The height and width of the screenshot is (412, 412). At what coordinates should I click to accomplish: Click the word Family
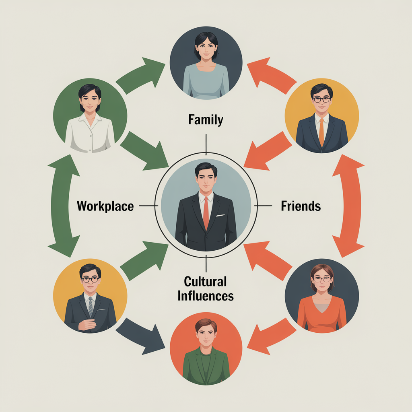206,120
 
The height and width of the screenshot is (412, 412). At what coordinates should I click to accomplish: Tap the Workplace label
105,206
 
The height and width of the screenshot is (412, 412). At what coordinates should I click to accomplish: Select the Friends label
301,206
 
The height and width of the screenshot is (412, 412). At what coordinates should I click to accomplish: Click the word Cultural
205,281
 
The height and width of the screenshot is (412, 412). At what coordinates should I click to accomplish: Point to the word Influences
206,296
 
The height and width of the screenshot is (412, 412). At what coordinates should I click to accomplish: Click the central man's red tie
206,213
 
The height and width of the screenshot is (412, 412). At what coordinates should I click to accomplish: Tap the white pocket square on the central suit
220,216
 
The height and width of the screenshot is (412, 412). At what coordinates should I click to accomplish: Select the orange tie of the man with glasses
321,133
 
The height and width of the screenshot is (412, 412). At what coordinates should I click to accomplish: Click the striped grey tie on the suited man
91,306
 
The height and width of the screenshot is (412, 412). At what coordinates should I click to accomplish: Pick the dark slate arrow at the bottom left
140,335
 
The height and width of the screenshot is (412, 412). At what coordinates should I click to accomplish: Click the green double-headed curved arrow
63,206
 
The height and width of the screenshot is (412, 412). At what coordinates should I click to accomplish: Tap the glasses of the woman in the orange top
322,279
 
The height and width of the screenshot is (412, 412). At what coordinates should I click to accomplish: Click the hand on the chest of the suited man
87,325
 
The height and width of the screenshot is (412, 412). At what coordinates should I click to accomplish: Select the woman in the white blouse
90,118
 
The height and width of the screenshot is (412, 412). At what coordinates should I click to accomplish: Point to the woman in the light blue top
206,66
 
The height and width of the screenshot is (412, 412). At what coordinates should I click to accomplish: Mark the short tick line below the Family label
206,144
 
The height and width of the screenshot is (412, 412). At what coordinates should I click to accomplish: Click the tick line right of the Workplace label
148,206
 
